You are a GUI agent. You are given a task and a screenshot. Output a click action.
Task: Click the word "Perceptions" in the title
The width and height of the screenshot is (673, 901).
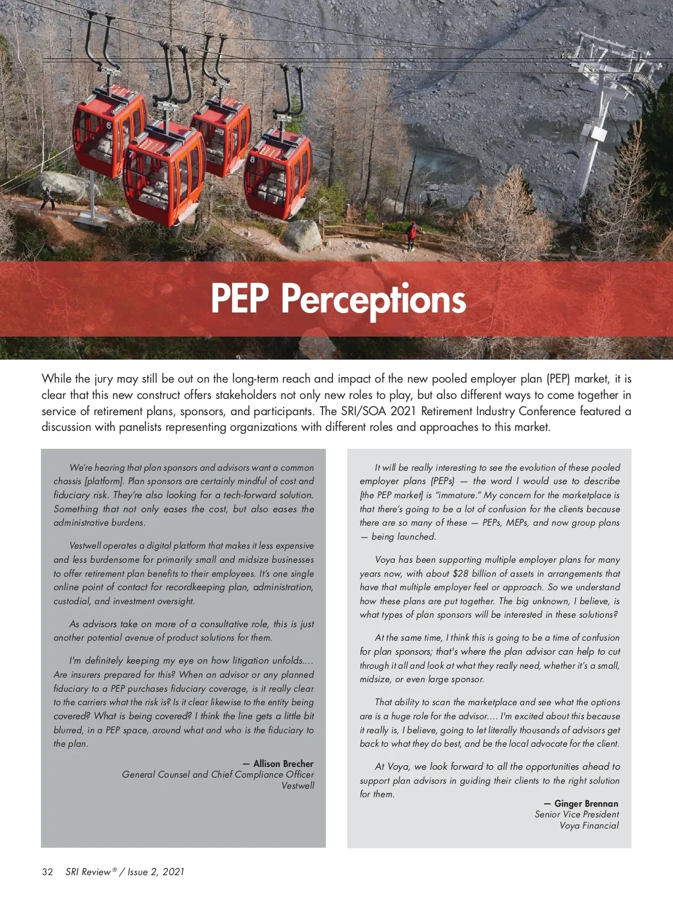tap(373, 299)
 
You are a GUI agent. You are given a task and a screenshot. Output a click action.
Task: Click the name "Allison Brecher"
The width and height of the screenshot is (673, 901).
tap(283, 764)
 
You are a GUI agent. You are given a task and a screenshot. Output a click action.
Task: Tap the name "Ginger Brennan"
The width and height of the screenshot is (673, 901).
tap(586, 803)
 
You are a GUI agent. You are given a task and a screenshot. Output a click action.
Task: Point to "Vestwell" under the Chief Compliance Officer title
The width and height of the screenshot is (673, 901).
tap(298, 785)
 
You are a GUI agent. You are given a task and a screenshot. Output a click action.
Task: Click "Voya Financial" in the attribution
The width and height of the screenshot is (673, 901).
tap(589, 825)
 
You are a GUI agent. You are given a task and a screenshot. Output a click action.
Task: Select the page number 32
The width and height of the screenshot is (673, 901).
tap(48, 871)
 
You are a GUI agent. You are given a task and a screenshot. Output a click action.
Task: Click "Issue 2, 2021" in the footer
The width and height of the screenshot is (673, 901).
tap(156, 871)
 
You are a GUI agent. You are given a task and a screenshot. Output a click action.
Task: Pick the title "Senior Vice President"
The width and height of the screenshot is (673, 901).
tap(577, 814)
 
